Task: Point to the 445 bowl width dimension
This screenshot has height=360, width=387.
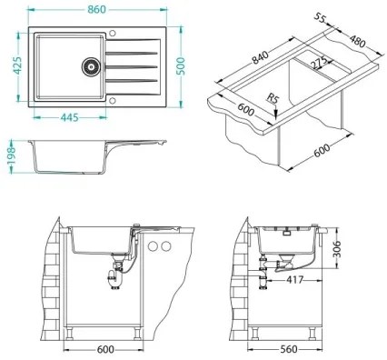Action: [x=67, y=115]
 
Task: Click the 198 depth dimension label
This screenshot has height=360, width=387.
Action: [x=10, y=152]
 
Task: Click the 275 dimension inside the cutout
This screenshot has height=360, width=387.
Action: [x=317, y=65]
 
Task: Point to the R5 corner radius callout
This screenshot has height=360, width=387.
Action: [x=273, y=100]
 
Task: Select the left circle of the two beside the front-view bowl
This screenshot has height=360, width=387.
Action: [x=153, y=247]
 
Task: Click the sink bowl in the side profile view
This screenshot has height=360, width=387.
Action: [x=68, y=158]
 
